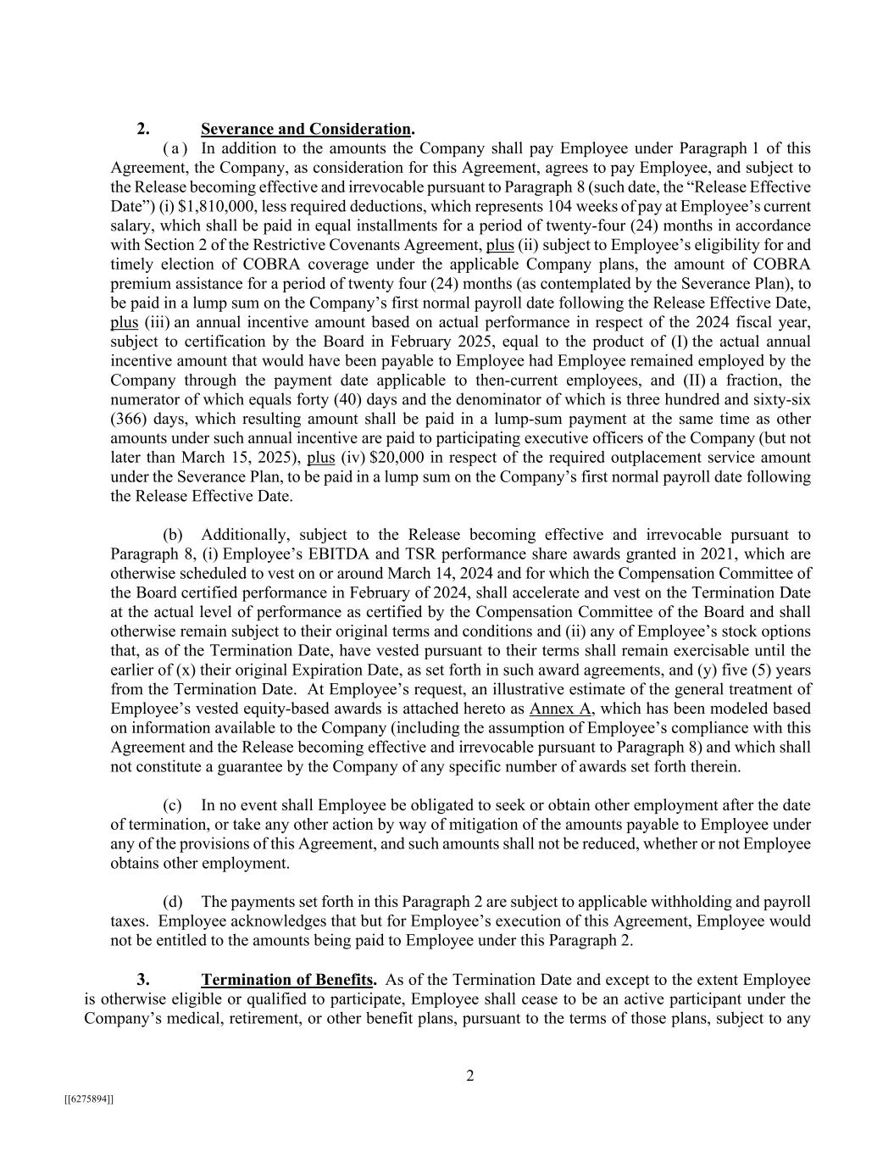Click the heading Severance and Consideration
click(x=306, y=130)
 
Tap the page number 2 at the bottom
click(x=470, y=1076)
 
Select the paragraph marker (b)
click(x=173, y=535)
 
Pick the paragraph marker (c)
click(x=173, y=805)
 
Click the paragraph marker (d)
click(x=173, y=902)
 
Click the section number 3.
click(x=144, y=979)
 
